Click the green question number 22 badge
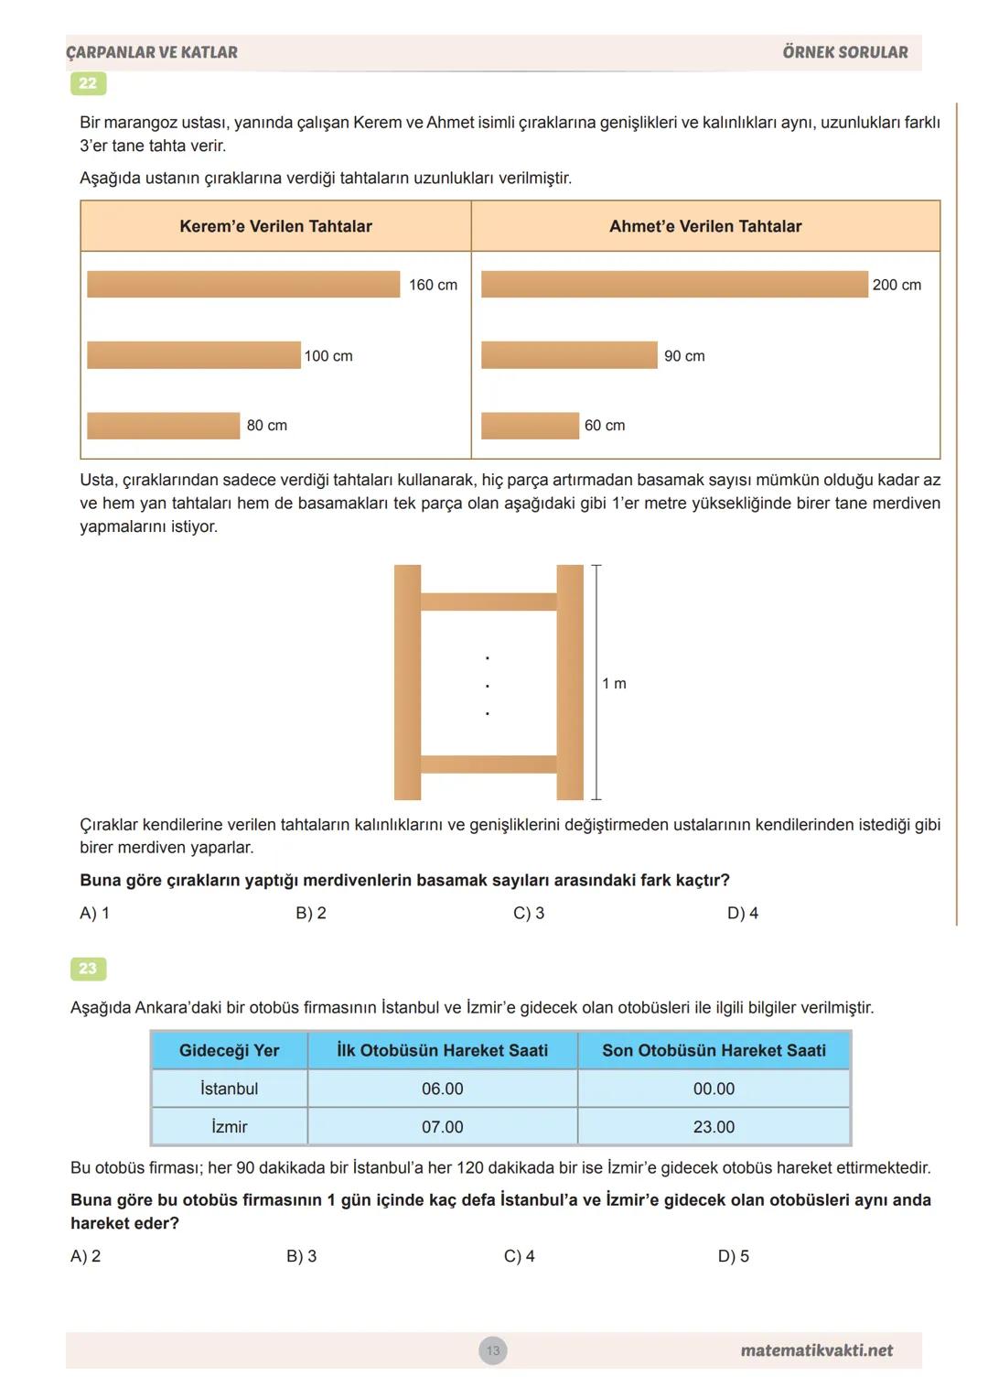88,83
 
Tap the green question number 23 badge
88,969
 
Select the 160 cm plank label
433,285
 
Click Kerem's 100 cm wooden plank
193,355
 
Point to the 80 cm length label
266,426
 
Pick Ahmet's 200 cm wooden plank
674,285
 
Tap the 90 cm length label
684,356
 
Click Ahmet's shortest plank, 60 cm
530,426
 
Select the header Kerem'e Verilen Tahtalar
275,226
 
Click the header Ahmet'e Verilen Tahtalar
705,226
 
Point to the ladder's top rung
489,601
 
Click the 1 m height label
614,684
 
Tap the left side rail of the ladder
407,682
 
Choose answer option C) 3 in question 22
529,913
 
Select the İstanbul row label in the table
229,1089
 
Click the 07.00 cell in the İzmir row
442,1127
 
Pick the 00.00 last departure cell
714,1089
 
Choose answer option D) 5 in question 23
733,1256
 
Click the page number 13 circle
493,1350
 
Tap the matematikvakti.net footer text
816,1350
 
